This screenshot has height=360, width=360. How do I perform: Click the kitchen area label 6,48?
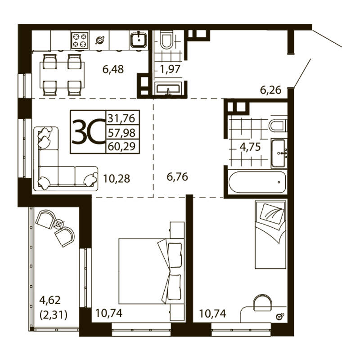(113, 69)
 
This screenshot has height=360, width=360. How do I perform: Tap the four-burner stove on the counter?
(80, 40)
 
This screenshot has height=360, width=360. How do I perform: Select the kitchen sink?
(139, 40)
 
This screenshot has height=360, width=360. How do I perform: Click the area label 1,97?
(170, 69)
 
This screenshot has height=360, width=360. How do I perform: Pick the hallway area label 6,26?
(270, 90)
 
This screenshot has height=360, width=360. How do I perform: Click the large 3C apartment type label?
(88, 131)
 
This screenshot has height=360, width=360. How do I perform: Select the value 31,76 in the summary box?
(121, 118)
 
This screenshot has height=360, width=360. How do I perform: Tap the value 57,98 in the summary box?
(121, 132)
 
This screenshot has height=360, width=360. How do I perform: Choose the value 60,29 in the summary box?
(121, 146)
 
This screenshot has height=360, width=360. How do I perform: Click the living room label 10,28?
(117, 179)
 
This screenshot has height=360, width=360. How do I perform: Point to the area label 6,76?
(177, 177)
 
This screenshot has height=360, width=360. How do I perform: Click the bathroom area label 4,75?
(250, 147)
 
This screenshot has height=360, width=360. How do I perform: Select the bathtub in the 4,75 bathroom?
(257, 182)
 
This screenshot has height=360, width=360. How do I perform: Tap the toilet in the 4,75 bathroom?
(278, 126)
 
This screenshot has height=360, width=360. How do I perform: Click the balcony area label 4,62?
(50, 300)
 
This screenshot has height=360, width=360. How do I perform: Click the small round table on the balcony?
(59, 224)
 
